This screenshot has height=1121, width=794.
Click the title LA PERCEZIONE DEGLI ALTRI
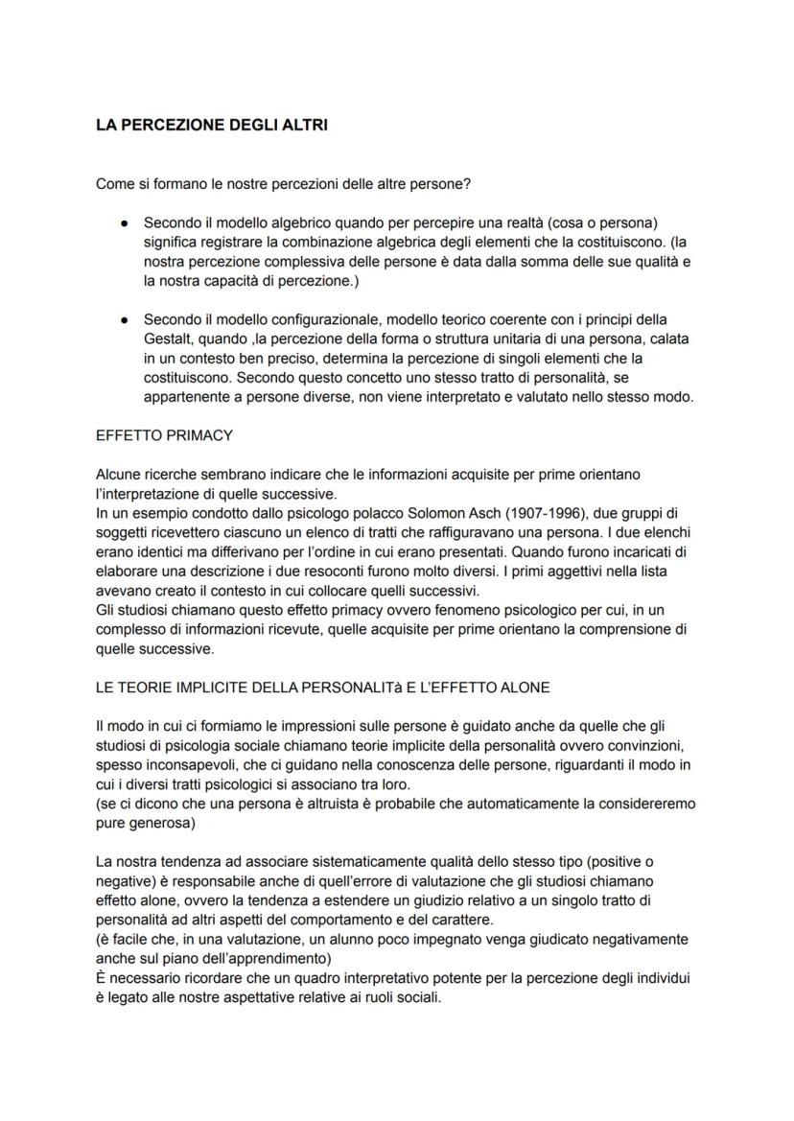point(212,125)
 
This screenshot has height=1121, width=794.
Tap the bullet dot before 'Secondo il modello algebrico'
point(125,222)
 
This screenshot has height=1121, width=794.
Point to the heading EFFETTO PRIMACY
point(164,434)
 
